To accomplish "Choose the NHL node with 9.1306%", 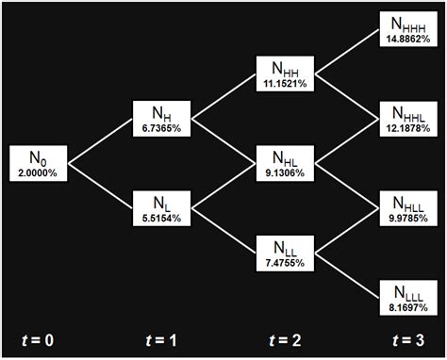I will [287, 162].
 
